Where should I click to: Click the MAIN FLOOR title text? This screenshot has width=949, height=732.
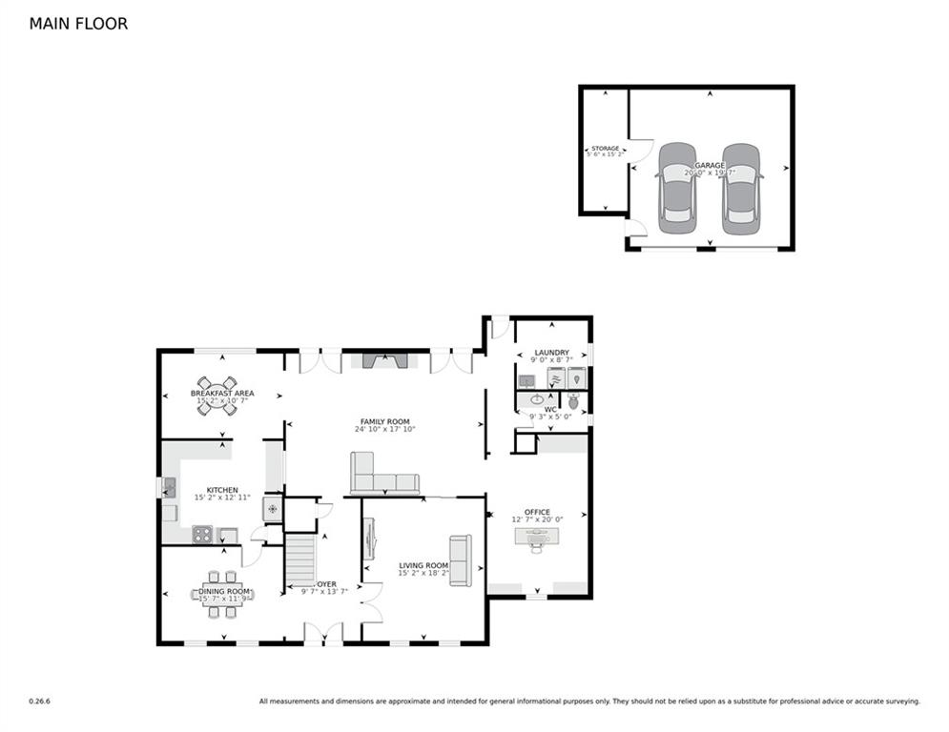(78, 24)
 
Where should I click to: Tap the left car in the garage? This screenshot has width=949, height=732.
(676, 189)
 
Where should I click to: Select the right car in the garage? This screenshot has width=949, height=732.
(741, 189)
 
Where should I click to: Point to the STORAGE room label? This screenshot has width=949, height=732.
(605, 150)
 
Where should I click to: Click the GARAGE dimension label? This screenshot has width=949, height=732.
(710, 173)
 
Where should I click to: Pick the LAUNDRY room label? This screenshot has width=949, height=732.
(551, 353)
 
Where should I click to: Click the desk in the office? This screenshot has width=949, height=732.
(537, 538)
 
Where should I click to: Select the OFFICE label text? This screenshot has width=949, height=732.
(537, 512)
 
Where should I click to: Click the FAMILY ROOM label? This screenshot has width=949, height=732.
(384, 421)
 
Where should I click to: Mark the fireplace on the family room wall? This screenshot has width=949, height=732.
(384, 360)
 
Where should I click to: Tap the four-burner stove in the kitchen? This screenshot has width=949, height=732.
(202, 535)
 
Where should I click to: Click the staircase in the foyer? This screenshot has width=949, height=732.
(301, 559)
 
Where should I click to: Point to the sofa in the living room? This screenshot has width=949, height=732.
(460, 560)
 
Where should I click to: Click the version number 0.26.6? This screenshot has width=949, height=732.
(39, 701)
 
